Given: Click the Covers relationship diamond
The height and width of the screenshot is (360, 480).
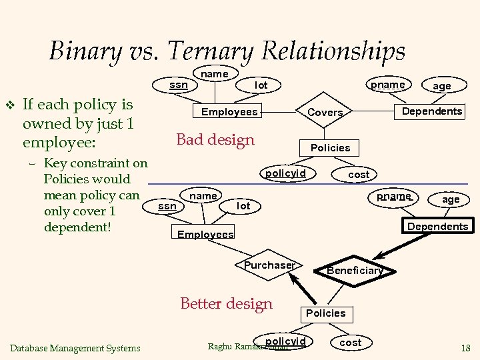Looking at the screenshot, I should click(x=325, y=113).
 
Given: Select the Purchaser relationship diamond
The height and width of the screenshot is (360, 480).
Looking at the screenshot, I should click(x=269, y=265).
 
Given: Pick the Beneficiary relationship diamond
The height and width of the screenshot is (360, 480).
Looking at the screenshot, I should click(x=355, y=270).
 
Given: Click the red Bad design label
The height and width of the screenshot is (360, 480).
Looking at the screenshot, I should click(x=215, y=139).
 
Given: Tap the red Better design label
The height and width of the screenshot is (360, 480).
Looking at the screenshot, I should click(x=227, y=304).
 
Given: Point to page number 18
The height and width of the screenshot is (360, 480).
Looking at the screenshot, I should click(x=465, y=347).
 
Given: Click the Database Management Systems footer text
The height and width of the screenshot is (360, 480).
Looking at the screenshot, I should click(x=75, y=347).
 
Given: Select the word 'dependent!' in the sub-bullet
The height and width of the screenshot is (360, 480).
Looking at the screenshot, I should click(x=76, y=227).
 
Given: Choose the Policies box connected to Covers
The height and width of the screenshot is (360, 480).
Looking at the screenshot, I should click(x=330, y=147).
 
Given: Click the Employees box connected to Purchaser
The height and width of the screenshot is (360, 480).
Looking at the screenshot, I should click(x=205, y=234).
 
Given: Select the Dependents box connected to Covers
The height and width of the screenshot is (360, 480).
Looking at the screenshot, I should click(x=431, y=111).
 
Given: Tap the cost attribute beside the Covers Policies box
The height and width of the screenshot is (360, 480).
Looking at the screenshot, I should click(x=359, y=174).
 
